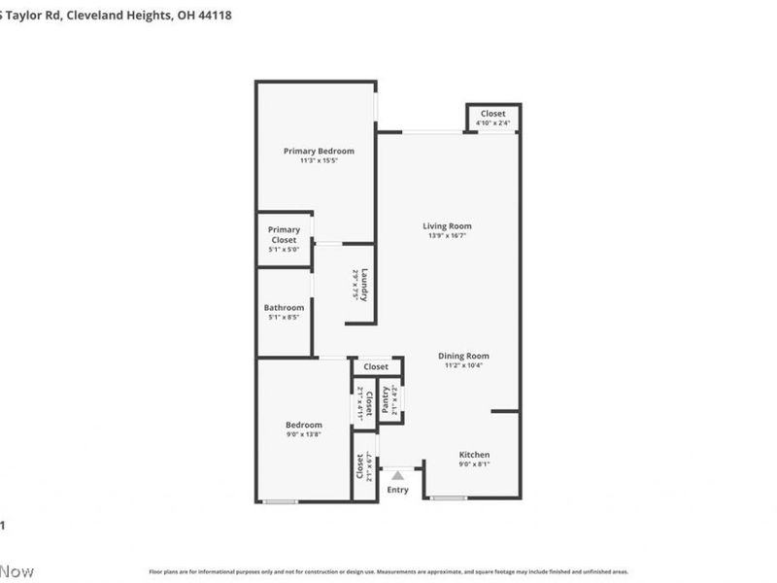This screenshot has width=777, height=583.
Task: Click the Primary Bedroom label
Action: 319,151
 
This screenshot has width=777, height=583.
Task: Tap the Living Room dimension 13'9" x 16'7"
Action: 450,236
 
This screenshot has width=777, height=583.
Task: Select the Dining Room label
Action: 462,356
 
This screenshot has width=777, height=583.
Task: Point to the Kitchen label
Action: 474,455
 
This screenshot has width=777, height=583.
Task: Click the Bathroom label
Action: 284,308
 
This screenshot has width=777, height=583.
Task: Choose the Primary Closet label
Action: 284,234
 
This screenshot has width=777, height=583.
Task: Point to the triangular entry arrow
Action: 397,475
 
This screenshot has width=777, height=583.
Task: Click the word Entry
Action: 398,490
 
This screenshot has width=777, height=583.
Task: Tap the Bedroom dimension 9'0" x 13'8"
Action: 303,434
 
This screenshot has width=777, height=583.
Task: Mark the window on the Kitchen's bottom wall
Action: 448,498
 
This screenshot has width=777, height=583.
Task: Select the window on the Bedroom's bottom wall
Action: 281,501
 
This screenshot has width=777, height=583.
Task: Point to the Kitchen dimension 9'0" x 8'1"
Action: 474,464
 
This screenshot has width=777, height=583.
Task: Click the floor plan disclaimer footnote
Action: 388,572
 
